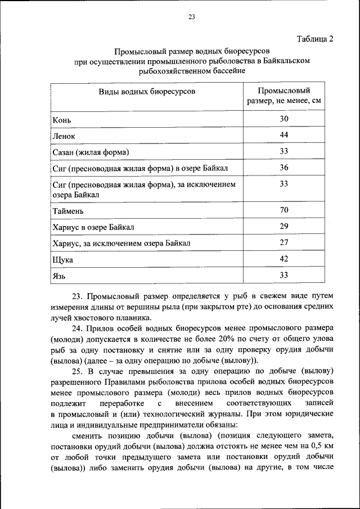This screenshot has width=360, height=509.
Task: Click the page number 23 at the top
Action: click(191, 17)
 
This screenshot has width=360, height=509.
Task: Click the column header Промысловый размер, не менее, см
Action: click(284, 96)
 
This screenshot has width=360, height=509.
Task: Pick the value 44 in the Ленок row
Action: click(284, 135)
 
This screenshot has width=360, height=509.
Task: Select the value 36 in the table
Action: click(284, 167)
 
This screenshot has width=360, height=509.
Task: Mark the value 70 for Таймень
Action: click(284, 210)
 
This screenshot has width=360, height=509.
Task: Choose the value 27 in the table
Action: click(284, 242)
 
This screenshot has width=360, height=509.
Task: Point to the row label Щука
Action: click(62, 260)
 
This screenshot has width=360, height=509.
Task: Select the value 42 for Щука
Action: click(284, 259)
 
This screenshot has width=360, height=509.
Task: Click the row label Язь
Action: click(60, 276)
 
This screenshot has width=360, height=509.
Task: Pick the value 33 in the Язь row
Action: click(284, 275)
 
